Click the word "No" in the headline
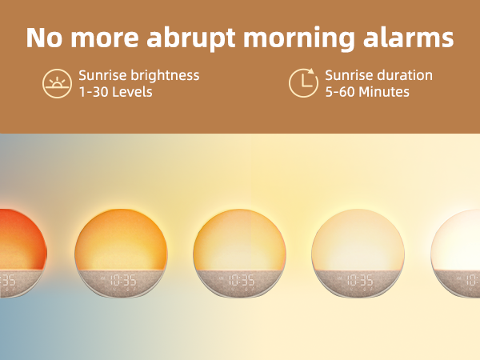(x=45, y=38)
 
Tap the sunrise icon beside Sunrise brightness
(x=56, y=83)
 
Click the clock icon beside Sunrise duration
(x=302, y=83)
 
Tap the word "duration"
(x=404, y=75)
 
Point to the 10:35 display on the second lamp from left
(x=122, y=281)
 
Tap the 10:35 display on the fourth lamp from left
(x=359, y=281)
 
